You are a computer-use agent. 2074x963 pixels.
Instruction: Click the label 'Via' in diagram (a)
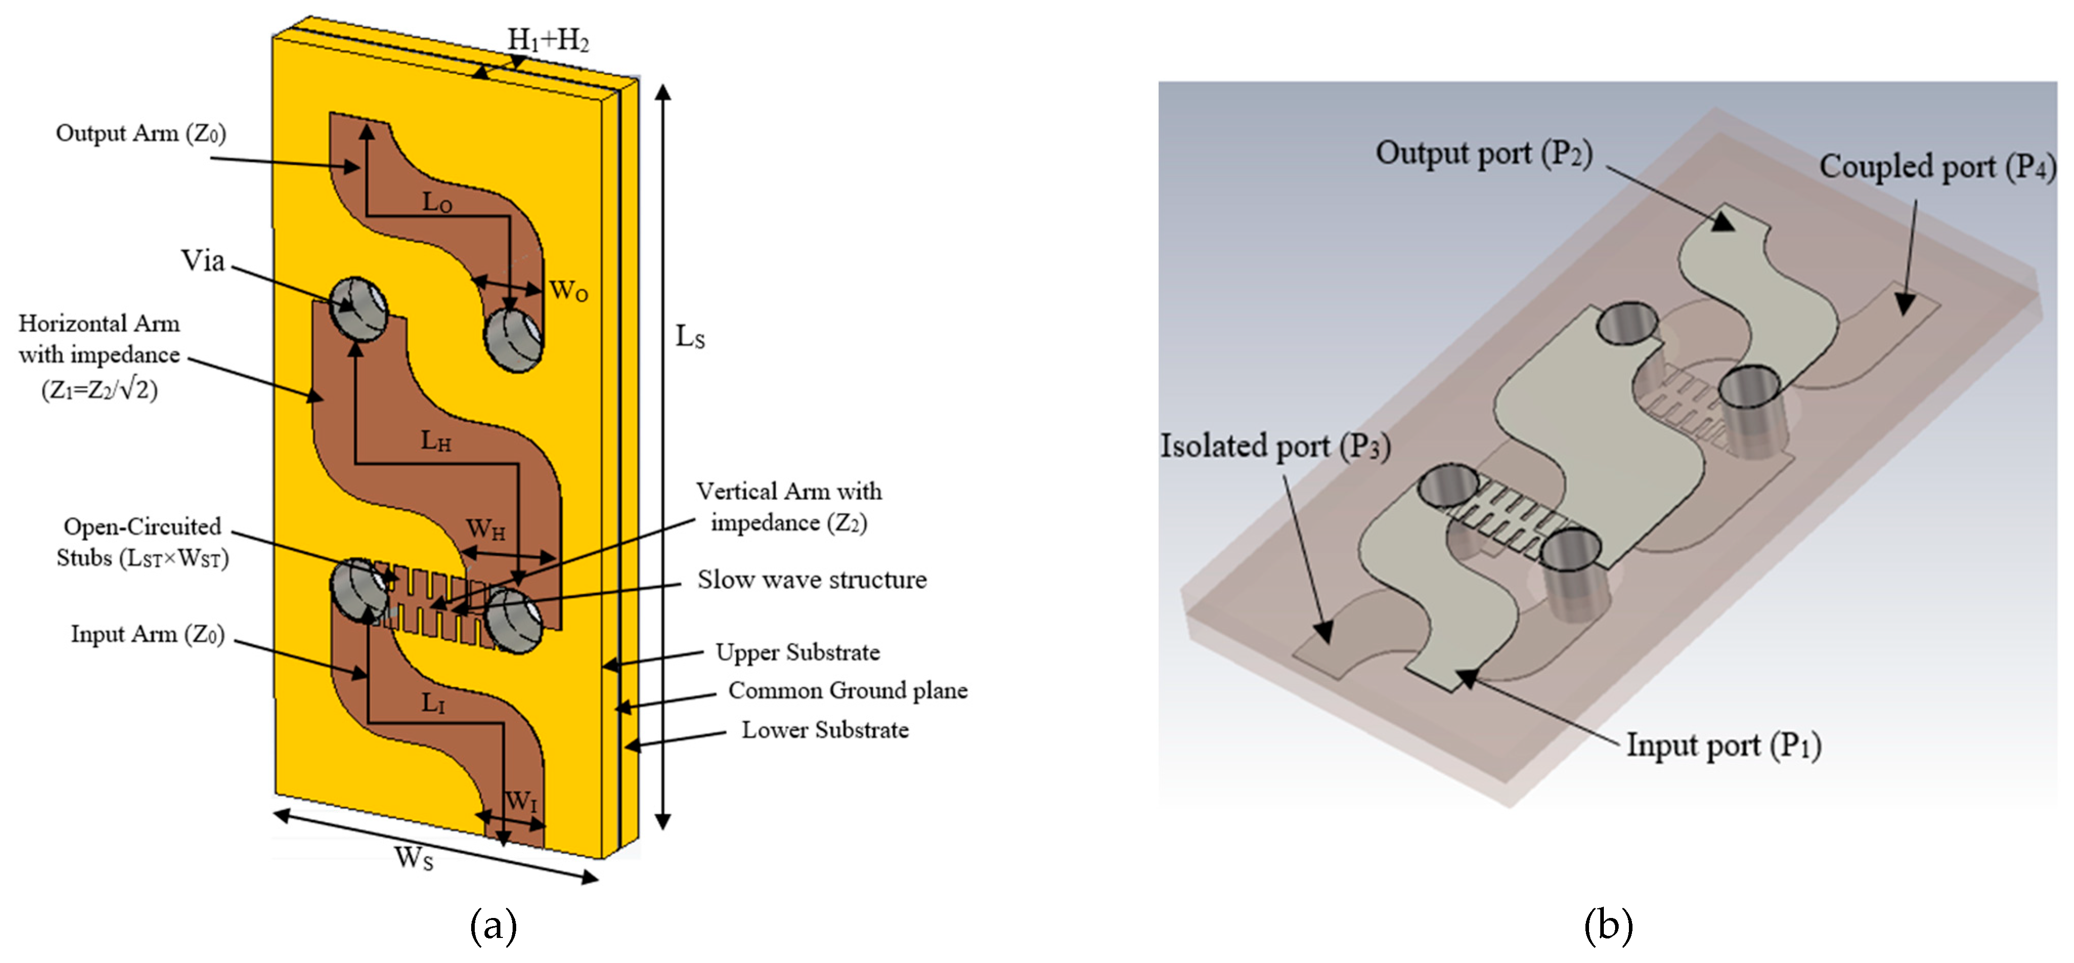pyautogui.click(x=202, y=261)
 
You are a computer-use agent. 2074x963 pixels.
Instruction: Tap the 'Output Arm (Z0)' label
pyautogui.click(x=141, y=134)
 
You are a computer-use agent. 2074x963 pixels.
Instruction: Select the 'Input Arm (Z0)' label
pyautogui.click(x=147, y=634)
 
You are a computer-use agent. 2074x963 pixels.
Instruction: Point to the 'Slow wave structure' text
pyautogui.click(x=811, y=580)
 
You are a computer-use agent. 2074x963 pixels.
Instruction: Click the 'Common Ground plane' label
pyautogui.click(x=847, y=691)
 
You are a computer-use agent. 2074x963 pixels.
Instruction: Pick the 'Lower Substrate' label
pyautogui.click(x=825, y=730)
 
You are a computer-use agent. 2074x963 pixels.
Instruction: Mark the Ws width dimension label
pyautogui.click(x=413, y=858)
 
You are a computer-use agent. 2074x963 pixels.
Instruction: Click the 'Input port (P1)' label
pyautogui.click(x=1724, y=745)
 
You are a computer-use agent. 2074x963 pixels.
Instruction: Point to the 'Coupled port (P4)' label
pyautogui.click(x=1936, y=167)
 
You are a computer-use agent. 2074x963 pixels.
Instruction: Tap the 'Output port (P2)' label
pyautogui.click(x=1483, y=153)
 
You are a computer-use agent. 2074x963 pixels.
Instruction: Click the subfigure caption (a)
pyautogui.click(x=493, y=926)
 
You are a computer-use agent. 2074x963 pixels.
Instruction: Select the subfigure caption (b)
pyautogui.click(x=1608, y=926)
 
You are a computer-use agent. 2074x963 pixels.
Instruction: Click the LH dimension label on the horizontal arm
pyautogui.click(x=435, y=441)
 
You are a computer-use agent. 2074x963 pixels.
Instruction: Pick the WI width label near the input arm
pyautogui.click(x=520, y=801)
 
